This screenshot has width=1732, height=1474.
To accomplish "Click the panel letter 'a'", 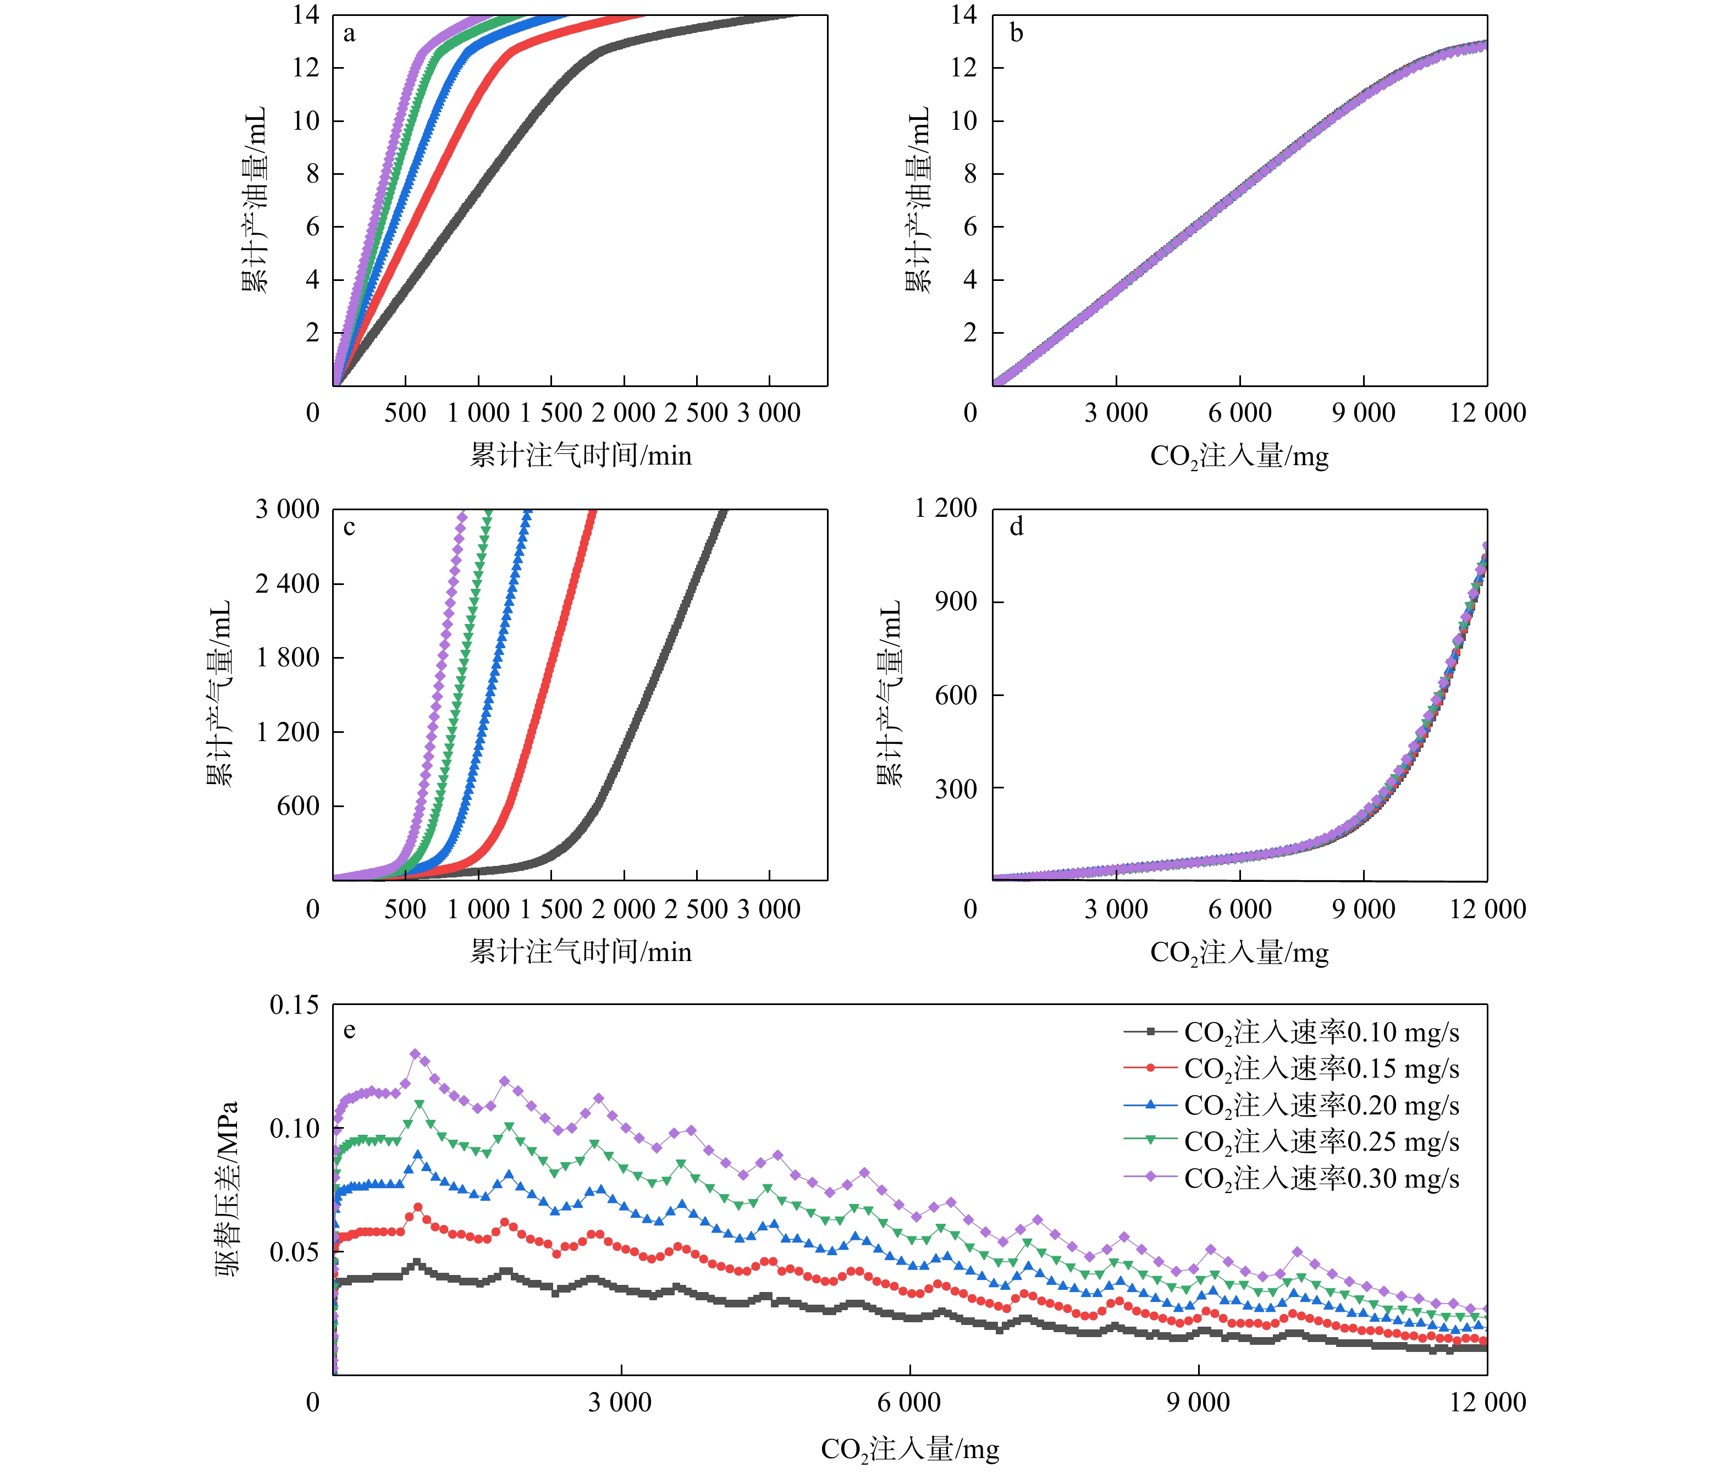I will point(349,34).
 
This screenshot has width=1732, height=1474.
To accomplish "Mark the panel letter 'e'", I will point(349,1030).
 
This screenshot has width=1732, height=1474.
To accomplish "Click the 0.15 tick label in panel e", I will point(293,1005).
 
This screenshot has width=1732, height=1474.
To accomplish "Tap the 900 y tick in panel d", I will point(956,601).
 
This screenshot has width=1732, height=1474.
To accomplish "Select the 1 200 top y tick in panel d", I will point(946,508).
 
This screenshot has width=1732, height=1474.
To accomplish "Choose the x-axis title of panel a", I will point(581,455).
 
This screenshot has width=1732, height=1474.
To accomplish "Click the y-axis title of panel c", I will point(219,693).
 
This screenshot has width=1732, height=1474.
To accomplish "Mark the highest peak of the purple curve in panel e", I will point(415,1055).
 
